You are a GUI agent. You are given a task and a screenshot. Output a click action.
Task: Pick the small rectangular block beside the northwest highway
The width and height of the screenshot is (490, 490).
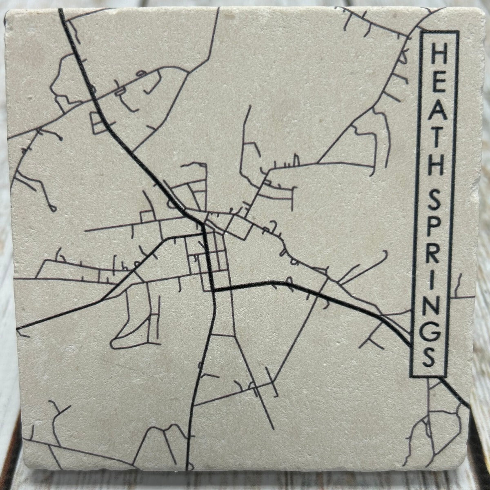(x=98, y=123)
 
